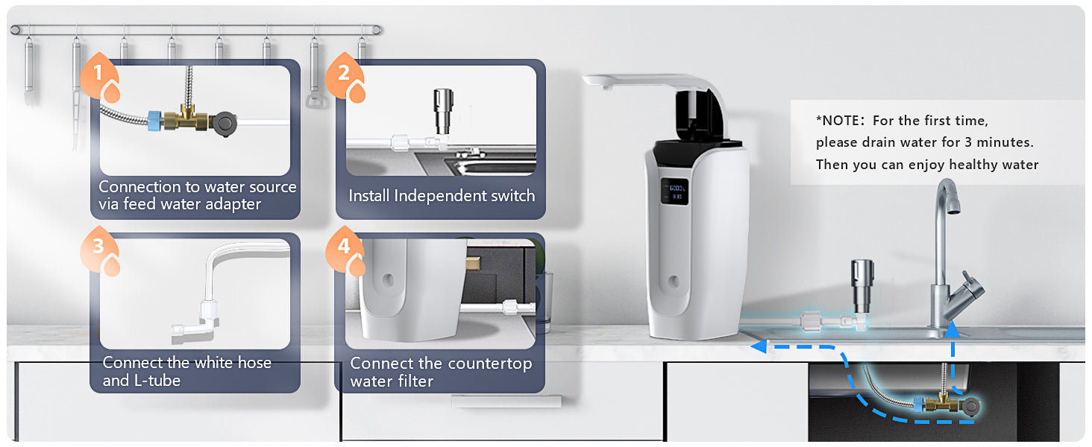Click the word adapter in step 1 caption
(x=233, y=205)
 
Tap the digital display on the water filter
(x=675, y=191)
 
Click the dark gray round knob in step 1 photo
(x=225, y=124)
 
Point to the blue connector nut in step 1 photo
(x=154, y=119)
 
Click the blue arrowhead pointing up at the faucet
(x=952, y=329)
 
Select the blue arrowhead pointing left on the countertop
(x=759, y=346)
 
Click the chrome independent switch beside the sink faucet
(x=862, y=288)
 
